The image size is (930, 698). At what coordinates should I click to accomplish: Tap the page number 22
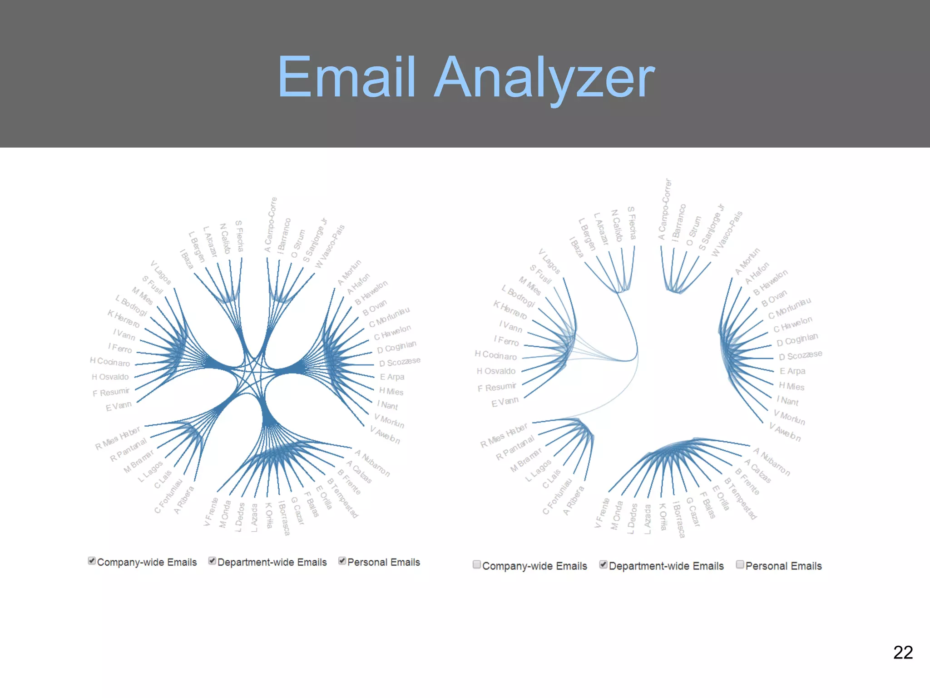[x=903, y=653]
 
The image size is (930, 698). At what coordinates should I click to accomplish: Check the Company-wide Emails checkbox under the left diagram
[x=92, y=561]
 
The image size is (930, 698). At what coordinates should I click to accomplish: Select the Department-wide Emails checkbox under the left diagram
[x=212, y=561]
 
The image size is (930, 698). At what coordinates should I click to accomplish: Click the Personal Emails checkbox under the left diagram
[x=342, y=561]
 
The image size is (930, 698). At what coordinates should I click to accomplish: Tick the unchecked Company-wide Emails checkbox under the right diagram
[x=476, y=564]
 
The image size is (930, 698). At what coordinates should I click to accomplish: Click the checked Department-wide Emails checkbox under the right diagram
[x=604, y=564]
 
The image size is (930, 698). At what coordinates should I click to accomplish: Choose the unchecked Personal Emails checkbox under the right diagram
[x=740, y=564]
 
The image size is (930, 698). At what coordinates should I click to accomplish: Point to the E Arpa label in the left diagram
[x=392, y=377]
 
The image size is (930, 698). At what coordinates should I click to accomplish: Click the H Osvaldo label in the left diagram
[x=110, y=377]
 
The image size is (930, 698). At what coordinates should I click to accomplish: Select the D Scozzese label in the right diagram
[x=800, y=355]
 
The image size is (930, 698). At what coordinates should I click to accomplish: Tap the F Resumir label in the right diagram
[x=497, y=387]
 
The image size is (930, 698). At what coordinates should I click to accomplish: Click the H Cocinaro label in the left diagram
[x=110, y=362]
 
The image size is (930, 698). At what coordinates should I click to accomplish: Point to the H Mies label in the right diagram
[x=791, y=386]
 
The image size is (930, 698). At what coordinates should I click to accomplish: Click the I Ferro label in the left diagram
[x=120, y=348]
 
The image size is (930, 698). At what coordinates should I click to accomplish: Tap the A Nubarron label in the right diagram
[x=772, y=462]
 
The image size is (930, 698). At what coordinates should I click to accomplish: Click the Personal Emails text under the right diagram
[x=783, y=566]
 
